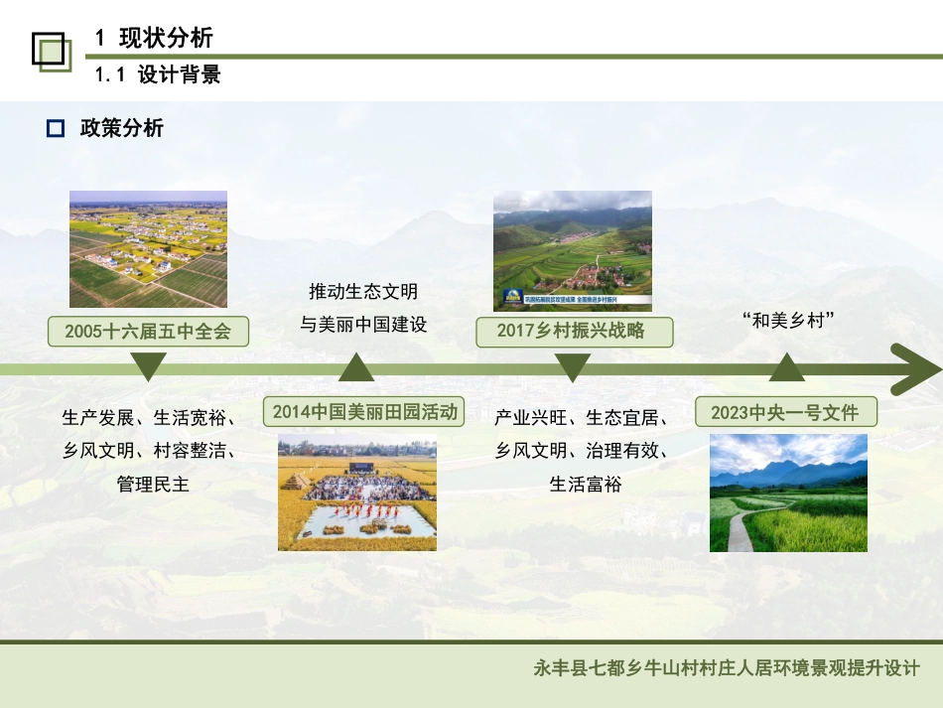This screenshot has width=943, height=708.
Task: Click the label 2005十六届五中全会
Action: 148,332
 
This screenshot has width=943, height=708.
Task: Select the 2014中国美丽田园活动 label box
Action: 364,411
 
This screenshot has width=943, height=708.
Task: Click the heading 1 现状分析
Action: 154,39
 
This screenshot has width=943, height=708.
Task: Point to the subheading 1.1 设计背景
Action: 158,75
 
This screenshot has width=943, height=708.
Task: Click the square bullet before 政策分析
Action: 56,128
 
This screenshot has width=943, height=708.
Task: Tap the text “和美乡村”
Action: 786,321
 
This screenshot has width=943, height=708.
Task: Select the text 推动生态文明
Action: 363,292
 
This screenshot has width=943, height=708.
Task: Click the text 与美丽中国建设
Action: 363,324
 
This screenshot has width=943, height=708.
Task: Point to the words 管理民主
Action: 153,485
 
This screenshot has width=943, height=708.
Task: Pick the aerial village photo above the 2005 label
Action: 148,248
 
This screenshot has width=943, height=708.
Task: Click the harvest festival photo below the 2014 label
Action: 357,492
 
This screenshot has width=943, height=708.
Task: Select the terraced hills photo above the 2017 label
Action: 573,250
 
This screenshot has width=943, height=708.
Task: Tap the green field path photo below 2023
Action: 788,493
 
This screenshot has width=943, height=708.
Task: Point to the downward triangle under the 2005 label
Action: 149,366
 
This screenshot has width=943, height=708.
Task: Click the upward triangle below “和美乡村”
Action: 787,368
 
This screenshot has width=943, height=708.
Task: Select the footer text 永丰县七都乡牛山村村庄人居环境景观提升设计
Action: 727,668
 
